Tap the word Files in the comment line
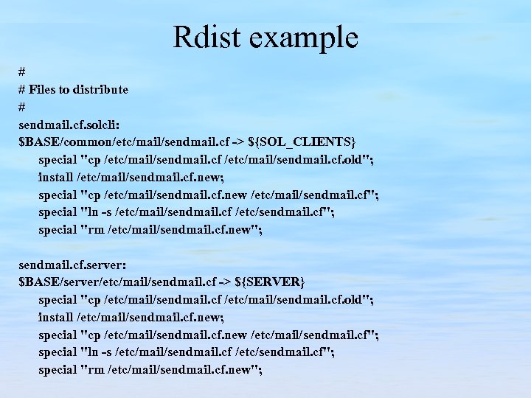pos(43,89)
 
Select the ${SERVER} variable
pos(270,282)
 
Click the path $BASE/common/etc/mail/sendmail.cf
pos(123,141)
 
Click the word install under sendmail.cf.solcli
pos(56,176)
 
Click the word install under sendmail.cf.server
pos(56,317)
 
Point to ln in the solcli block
pos(93,212)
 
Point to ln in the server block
pos(93,352)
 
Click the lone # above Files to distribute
pos(22,71)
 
